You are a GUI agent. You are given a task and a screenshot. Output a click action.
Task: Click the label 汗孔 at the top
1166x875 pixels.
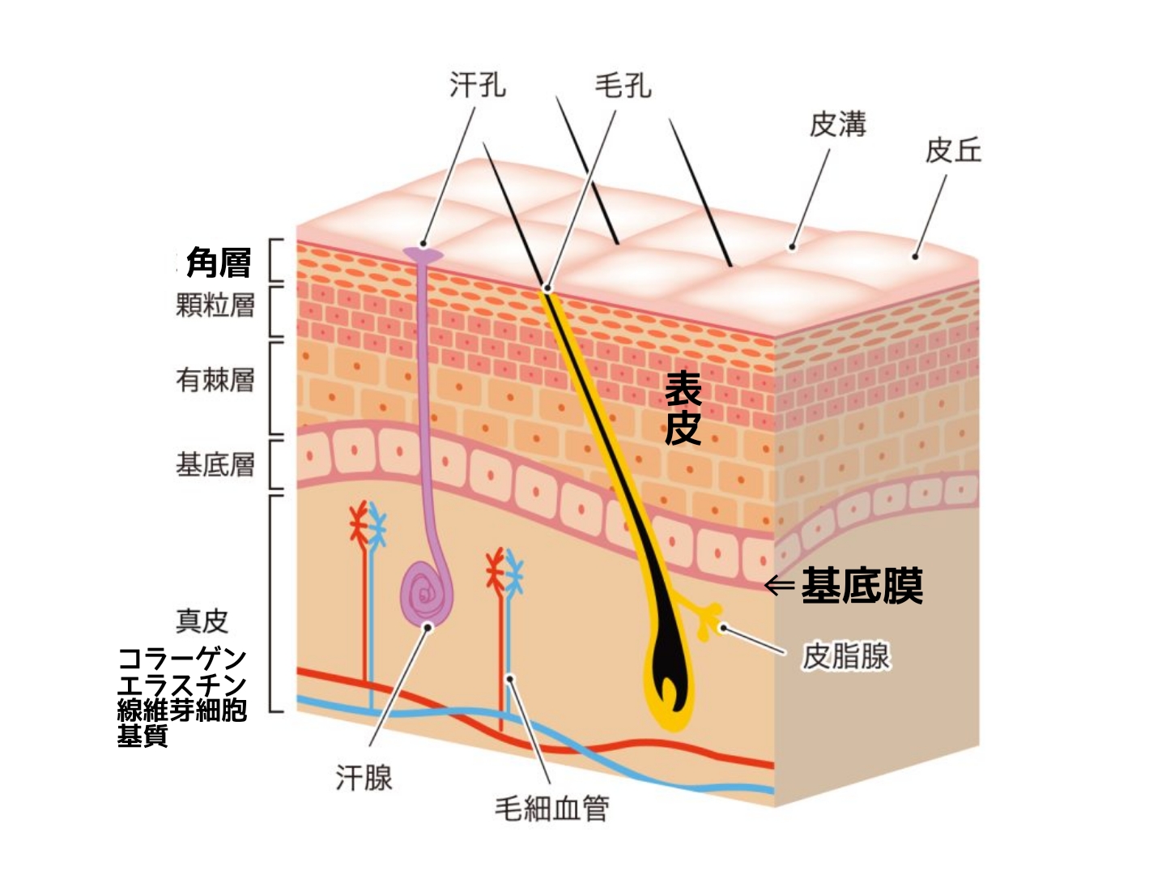click(x=478, y=84)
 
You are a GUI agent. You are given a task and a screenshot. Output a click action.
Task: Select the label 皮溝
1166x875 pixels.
click(x=838, y=125)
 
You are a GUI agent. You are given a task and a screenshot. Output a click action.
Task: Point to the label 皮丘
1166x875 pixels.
click(x=953, y=151)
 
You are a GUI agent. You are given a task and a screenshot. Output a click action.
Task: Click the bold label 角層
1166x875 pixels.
click(x=219, y=262)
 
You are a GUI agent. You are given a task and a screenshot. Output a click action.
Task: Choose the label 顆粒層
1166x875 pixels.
click(x=215, y=305)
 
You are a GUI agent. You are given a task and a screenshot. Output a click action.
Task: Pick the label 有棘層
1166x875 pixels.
click(x=215, y=379)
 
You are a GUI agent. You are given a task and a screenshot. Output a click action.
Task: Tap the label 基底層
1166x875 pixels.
click(x=215, y=464)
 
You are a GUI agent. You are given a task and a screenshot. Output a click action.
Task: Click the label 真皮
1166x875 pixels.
click(x=202, y=621)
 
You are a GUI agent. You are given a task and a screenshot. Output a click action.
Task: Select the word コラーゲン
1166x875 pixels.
click(x=182, y=657)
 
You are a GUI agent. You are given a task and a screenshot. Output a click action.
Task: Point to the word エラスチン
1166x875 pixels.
click(x=182, y=684)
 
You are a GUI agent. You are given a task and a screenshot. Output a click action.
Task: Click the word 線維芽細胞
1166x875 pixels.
click(x=182, y=710)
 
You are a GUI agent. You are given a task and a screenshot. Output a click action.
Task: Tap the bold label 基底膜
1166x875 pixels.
click(x=862, y=586)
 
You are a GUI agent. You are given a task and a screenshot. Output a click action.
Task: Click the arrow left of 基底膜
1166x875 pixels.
click(x=779, y=585)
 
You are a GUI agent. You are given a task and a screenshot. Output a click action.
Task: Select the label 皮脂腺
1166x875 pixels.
click(x=846, y=656)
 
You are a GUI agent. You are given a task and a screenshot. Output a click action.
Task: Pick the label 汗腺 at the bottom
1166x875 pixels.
click(x=364, y=779)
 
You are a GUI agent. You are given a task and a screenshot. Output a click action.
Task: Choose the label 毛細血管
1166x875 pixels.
click(x=552, y=808)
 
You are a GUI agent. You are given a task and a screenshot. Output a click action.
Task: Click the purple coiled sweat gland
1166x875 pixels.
click(x=426, y=595)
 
